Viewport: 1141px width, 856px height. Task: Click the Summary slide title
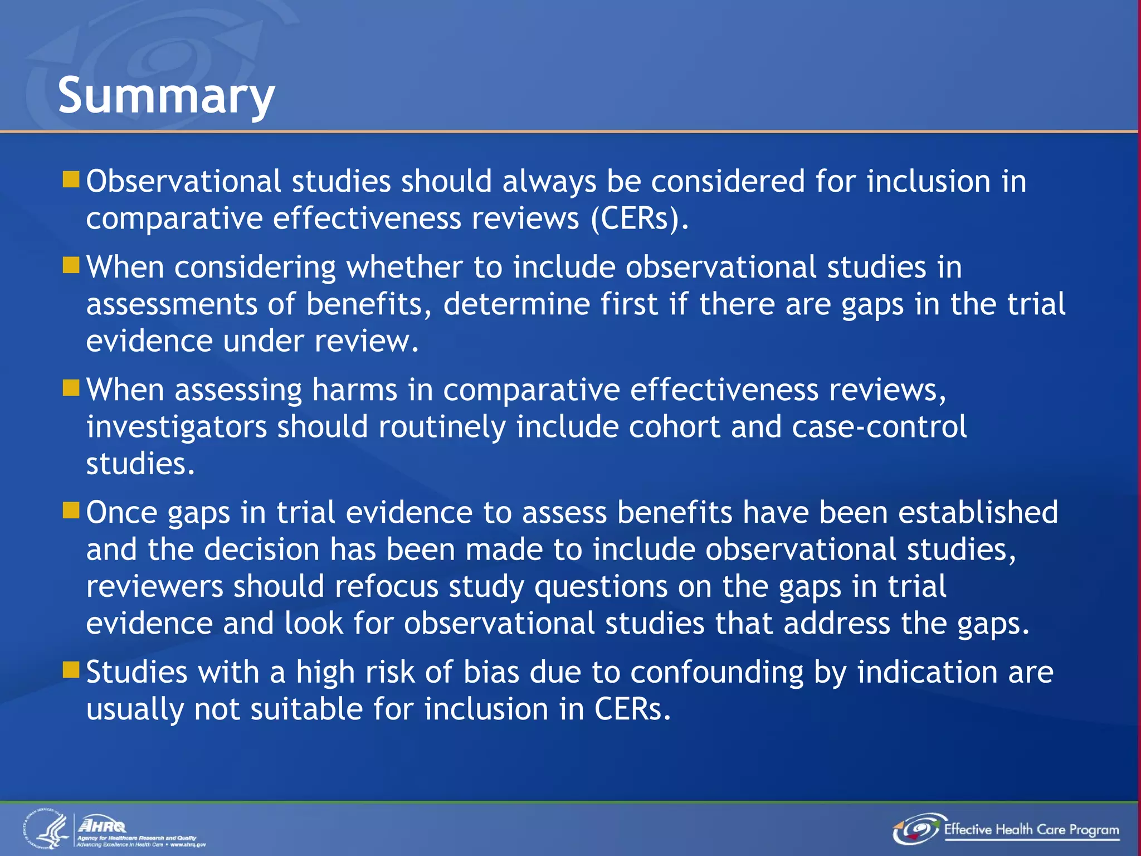166,96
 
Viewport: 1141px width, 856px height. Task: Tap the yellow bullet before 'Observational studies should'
71,179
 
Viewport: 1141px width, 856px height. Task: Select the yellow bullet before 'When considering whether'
71,265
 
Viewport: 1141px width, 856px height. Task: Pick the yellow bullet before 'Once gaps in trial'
71,510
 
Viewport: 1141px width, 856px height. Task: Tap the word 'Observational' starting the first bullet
183,182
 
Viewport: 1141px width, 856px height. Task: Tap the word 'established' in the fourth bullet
978,512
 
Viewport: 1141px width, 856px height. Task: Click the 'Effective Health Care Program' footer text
1031,830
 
